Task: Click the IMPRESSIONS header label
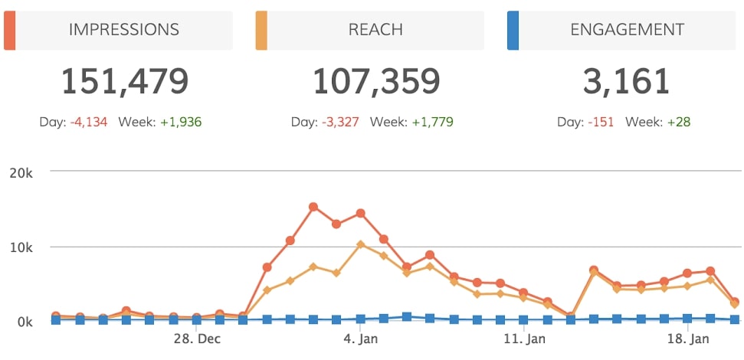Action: pyautogui.click(x=124, y=30)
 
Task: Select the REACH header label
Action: pyautogui.click(x=375, y=30)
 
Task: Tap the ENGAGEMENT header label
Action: pyautogui.click(x=627, y=30)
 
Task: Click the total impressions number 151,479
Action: pyautogui.click(x=124, y=80)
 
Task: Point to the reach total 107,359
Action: pyautogui.click(x=375, y=80)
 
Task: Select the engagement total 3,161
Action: pyautogui.click(x=627, y=80)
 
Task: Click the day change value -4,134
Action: pyautogui.click(x=88, y=122)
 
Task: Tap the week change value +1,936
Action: pyautogui.click(x=181, y=122)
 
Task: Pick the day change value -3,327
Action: pyautogui.click(x=339, y=122)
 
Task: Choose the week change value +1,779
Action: pyautogui.click(x=432, y=122)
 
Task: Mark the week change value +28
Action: pyautogui.click(x=674, y=122)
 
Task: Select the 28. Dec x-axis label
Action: pyautogui.click(x=197, y=339)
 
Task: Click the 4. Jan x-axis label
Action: pyautogui.click(x=359, y=339)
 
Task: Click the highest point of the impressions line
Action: pyautogui.click(x=313, y=207)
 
